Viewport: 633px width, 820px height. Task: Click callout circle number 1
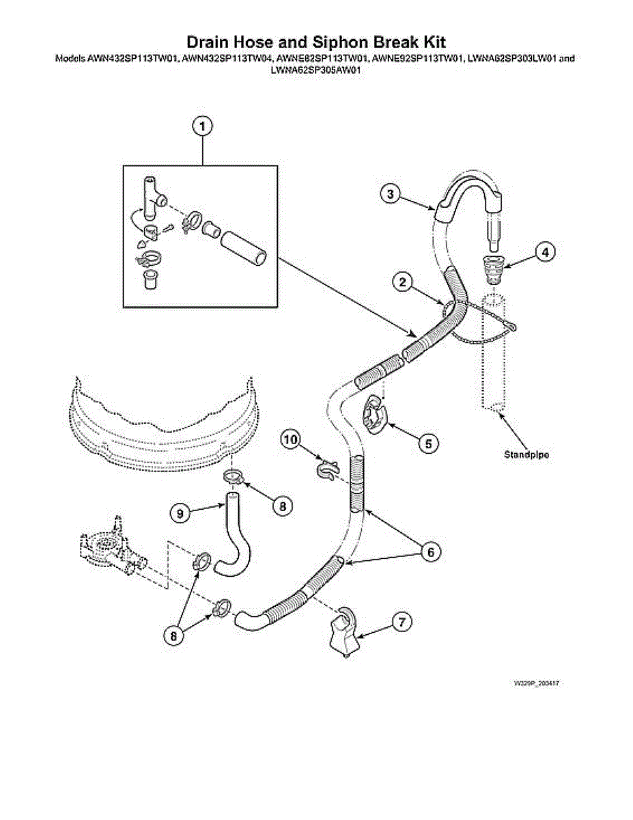click(202, 126)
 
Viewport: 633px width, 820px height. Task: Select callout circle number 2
click(404, 281)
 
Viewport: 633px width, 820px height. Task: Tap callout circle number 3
click(390, 194)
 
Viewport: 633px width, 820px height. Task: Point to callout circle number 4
click(544, 252)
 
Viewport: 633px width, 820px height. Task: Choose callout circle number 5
click(428, 443)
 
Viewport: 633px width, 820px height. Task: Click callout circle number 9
click(179, 512)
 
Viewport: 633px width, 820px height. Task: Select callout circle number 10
click(291, 441)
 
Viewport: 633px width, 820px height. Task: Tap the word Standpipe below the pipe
click(526, 454)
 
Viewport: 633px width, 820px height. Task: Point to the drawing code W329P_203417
click(542, 683)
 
